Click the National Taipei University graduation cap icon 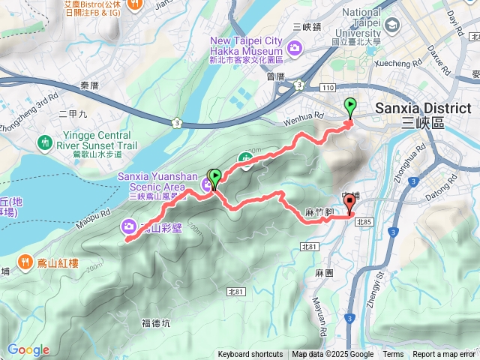coord(390,25)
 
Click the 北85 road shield coord(364,221)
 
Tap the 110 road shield coord(327,88)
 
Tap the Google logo coord(28,349)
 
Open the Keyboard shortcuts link coord(250,355)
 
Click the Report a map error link coord(445,355)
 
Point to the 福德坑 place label coord(156,323)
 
